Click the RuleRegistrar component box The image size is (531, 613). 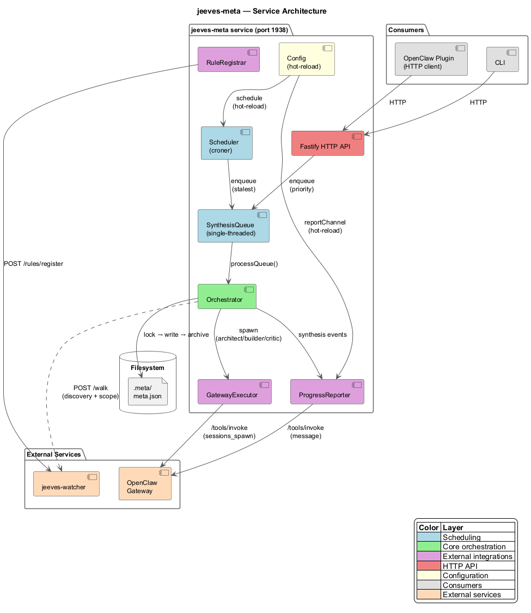coord(229,59)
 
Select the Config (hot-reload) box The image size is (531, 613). coord(306,59)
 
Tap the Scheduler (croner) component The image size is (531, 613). coord(227,143)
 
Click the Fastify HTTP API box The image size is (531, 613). coord(327,143)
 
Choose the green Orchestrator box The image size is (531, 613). coord(227,296)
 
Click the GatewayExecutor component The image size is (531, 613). coord(234,392)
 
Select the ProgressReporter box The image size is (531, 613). coord(327,392)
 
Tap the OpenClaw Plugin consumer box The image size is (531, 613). coord(431,59)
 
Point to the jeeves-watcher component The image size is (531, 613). coord(66,484)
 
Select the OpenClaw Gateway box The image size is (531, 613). coord(145,484)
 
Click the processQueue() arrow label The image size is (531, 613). coord(254,264)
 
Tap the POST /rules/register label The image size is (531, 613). coord(33,264)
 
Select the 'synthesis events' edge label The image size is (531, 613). coord(322,335)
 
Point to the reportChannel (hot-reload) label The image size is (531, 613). coord(325,226)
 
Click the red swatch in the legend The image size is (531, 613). coord(429,566)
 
